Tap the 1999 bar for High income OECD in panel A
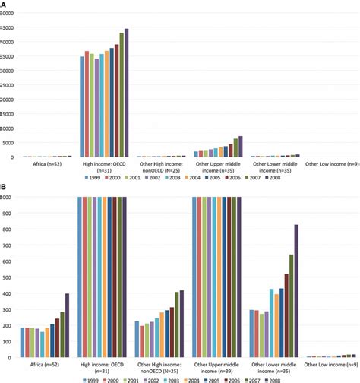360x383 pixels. tap(82, 106)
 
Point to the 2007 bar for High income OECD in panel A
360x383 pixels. tap(122, 95)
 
